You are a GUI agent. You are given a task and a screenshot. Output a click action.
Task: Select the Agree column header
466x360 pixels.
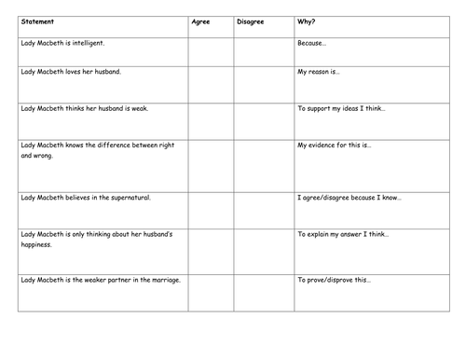200,21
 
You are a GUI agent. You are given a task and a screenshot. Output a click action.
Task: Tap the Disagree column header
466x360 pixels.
251,21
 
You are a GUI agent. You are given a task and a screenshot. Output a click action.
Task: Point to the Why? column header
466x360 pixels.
307,21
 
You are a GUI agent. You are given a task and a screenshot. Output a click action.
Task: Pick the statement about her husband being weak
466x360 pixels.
81,109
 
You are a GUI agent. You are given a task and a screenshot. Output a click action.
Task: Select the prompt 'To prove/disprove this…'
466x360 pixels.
335,280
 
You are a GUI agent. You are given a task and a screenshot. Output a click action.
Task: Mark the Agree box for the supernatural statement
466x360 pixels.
211,209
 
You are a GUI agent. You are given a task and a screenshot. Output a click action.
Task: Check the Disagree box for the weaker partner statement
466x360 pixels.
263,291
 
